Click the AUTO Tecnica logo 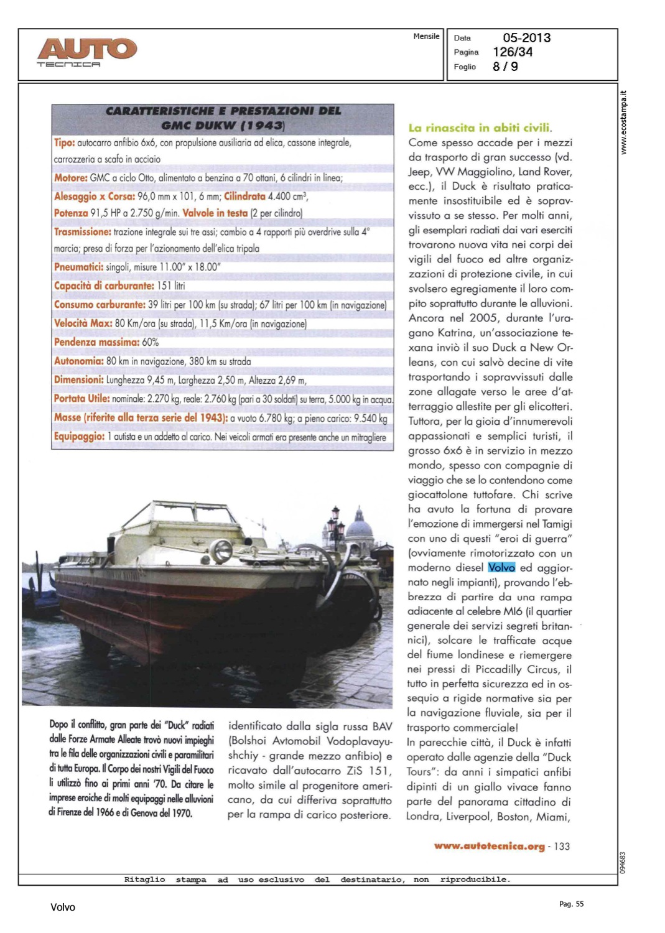[x=86, y=51]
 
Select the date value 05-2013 [x=526, y=38]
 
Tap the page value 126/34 [x=513, y=52]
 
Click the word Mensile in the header [x=426, y=37]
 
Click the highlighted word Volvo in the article [x=501, y=567]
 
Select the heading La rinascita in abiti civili [x=480, y=128]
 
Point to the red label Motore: [x=70, y=178]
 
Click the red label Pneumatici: [x=78, y=267]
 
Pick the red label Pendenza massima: [x=96, y=342]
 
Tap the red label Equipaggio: [x=79, y=437]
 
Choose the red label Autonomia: [x=78, y=361]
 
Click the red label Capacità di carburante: [x=104, y=286]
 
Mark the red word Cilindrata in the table [x=244, y=197]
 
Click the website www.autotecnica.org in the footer [x=489, y=846]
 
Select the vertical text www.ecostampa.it [x=624, y=123]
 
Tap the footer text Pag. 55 [x=571, y=904]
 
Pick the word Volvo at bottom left [x=63, y=907]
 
